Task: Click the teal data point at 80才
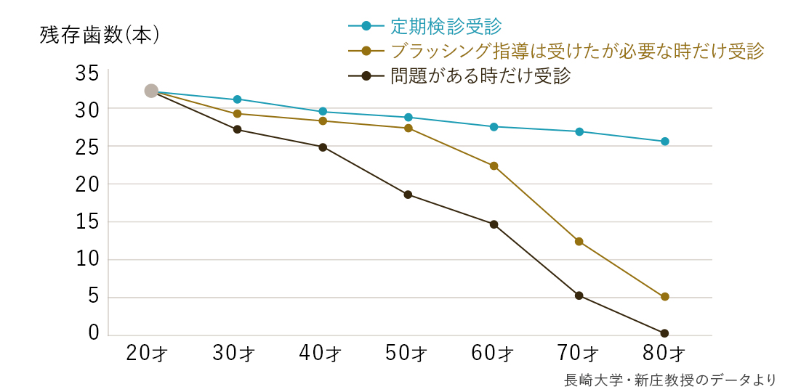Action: pyautogui.click(x=664, y=142)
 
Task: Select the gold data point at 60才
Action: pyautogui.click(x=494, y=166)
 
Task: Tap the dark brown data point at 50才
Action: pyautogui.click(x=408, y=195)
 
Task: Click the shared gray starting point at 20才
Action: pyautogui.click(x=151, y=91)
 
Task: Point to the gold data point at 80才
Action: pyautogui.click(x=664, y=296)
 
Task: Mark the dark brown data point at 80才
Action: pyautogui.click(x=664, y=333)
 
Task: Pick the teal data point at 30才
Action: pyautogui.click(x=237, y=99)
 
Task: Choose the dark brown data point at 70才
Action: pyautogui.click(x=579, y=295)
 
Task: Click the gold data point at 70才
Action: pyautogui.click(x=579, y=241)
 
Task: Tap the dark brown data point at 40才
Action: pyautogui.click(x=323, y=147)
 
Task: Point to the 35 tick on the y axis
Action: pyautogui.click(x=86, y=73)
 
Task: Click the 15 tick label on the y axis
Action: pyautogui.click(x=86, y=222)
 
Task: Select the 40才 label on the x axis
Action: pyautogui.click(x=321, y=354)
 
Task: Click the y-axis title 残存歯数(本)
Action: pyautogui.click(x=100, y=36)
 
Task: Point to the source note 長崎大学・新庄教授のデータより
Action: pyautogui.click(x=670, y=380)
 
